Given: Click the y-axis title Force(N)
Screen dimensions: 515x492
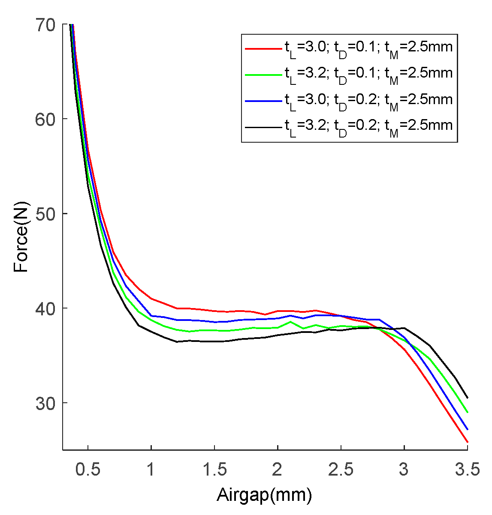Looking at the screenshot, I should click(x=21, y=237).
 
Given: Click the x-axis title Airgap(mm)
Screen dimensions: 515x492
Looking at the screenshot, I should click(x=264, y=495).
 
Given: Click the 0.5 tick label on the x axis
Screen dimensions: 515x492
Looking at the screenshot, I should click(x=88, y=470).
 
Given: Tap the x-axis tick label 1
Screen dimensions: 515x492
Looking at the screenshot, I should click(x=151, y=470).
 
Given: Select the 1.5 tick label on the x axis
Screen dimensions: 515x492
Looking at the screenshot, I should click(x=214, y=470).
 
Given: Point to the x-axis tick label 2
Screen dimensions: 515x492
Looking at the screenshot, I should click(x=278, y=470).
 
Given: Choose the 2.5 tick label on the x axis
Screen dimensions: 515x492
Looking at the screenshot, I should click(x=341, y=470).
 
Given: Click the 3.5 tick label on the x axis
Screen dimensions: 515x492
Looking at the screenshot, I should click(x=467, y=470).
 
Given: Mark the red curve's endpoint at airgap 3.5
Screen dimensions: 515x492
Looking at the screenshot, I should click(x=468, y=442).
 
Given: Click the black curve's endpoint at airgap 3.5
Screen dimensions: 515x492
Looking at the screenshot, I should click(x=468, y=398).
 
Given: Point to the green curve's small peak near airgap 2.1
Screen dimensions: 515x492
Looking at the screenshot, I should click(x=290, y=321).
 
